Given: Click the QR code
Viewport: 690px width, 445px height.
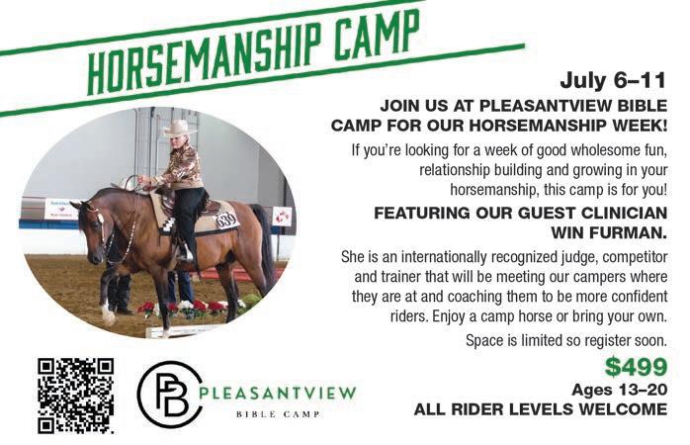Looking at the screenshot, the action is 76,397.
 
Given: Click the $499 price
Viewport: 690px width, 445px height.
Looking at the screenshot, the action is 636,367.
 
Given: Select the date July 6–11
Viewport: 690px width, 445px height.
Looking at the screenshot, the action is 613,80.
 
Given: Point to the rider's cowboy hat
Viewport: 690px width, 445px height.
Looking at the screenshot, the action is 179,128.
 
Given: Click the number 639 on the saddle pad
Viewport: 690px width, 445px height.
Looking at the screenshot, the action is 226,220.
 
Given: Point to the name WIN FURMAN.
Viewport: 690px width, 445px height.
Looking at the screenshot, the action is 609,232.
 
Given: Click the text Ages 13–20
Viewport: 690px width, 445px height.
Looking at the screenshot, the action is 620,390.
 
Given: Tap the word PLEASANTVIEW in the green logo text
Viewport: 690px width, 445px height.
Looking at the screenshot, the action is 278,393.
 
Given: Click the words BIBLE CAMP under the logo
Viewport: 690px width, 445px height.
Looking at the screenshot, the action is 278,414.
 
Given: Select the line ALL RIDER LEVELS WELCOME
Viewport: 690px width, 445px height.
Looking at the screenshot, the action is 541,409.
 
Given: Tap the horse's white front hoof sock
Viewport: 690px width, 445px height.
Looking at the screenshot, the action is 107,312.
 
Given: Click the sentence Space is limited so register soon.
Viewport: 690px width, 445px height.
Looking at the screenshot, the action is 566,341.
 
